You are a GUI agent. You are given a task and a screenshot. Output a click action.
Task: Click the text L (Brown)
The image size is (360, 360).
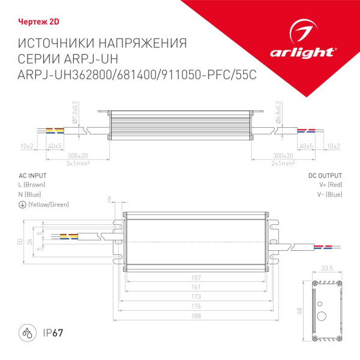32,185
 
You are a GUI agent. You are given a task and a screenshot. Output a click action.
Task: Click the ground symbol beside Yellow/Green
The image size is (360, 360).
22,205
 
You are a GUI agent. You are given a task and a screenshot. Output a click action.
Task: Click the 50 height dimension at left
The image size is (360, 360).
19,241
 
